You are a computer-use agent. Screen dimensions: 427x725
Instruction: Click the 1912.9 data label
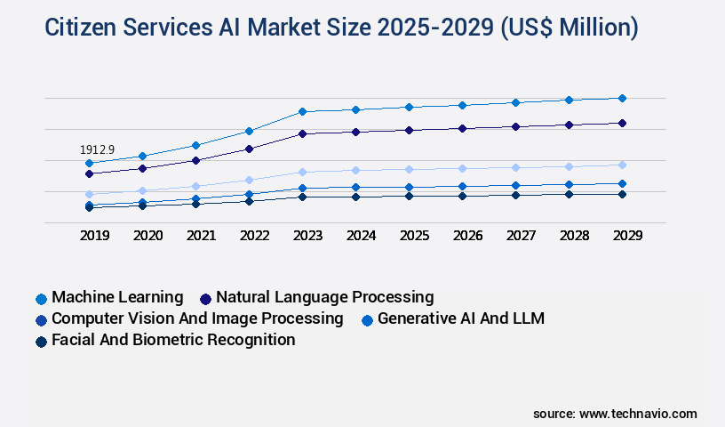(x=97, y=149)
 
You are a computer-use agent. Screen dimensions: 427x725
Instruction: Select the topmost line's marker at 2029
(x=622, y=98)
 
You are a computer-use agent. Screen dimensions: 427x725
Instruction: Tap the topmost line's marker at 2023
(x=302, y=111)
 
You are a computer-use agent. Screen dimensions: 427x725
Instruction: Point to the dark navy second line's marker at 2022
(x=249, y=149)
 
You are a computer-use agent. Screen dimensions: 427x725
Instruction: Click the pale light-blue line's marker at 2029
(x=622, y=165)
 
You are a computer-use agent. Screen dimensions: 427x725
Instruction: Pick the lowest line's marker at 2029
(x=622, y=194)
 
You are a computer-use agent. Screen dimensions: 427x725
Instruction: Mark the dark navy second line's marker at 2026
(x=462, y=128)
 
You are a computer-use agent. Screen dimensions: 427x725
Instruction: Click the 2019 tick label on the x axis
(x=94, y=236)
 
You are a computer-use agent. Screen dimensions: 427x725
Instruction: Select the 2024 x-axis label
(x=361, y=236)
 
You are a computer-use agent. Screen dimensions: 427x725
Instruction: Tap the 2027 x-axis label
(x=521, y=236)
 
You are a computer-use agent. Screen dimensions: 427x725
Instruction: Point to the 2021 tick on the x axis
(x=201, y=236)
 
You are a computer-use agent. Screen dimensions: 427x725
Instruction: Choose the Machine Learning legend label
(x=117, y=297)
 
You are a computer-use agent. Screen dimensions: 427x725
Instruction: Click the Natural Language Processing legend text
(x=324, y=297)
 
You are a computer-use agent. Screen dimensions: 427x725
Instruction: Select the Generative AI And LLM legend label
(x=461, y=318)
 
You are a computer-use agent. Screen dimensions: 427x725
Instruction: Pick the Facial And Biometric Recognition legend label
(x=173, y=340)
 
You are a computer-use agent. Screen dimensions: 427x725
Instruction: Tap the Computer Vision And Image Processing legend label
(x=197, y=318)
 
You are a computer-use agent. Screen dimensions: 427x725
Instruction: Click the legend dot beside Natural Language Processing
(x=206, y=299)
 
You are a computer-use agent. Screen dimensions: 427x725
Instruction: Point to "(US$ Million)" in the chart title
(x=569, y=28)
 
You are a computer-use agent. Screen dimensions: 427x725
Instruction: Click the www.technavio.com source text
(x=638, y=414)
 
